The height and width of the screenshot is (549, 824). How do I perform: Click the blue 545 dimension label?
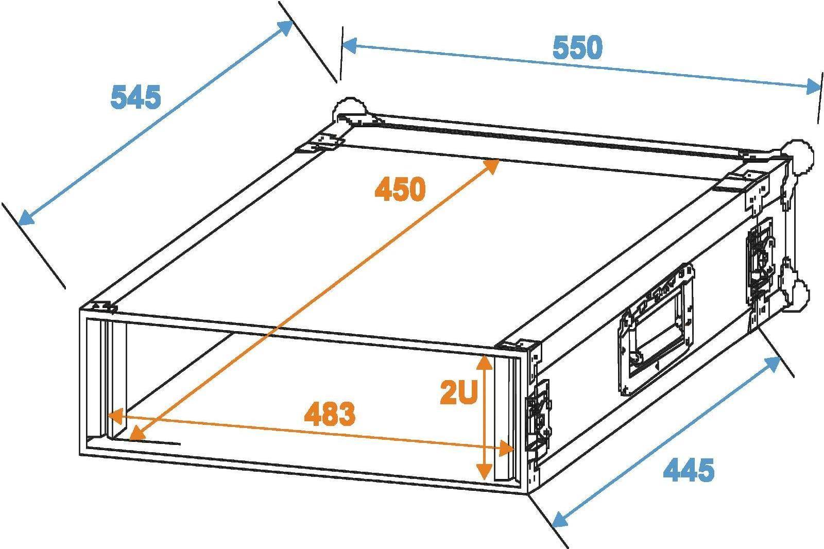[x=136, y=97]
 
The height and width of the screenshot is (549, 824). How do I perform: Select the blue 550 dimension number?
[x=577, y=48]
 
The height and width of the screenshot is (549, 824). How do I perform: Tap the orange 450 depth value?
[x=400, y=189]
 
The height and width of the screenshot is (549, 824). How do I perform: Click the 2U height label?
[x=459, y=392]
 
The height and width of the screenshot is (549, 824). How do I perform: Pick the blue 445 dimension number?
[x=689, y=470]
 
